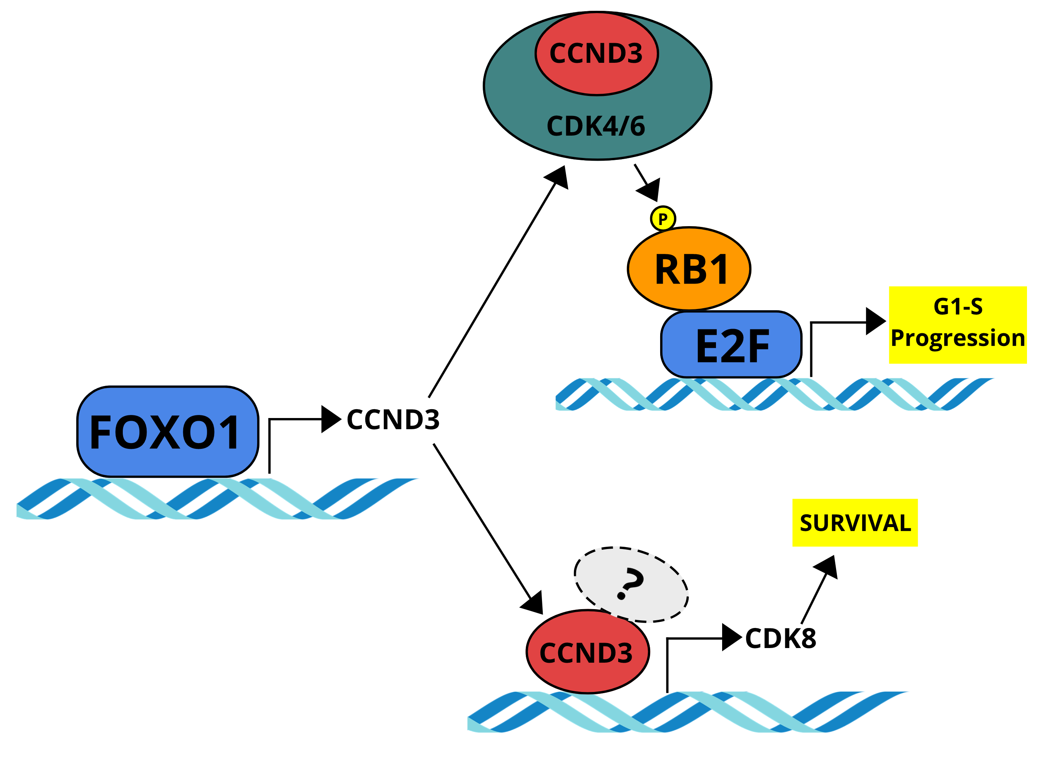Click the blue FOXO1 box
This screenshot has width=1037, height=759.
(x=167, y=432)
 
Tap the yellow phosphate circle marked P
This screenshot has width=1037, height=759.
(x=662, y=219)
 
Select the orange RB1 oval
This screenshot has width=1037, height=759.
(x=689, y=269)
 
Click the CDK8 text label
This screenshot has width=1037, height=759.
(x=780, y=639)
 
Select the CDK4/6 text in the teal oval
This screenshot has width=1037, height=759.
(x=596, y=126)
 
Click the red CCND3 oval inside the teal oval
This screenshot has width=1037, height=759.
(x=596, y=54)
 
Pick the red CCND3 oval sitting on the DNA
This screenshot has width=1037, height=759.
(x=587, y=652)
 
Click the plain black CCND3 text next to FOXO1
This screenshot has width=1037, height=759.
(x=393, y=420)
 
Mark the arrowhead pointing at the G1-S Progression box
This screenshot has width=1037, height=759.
(x=875, y=321)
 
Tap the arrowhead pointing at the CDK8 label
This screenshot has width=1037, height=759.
(x=731, y=638)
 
